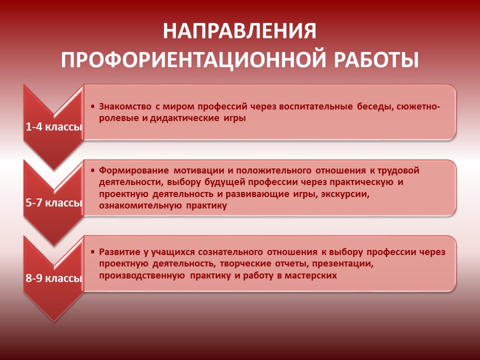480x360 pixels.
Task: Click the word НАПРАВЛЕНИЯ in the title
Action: [239, 31]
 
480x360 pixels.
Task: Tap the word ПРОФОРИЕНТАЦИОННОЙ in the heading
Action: [194, 59]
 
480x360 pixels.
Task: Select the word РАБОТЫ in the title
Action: [376, 59]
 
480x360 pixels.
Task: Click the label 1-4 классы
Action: [54, 126]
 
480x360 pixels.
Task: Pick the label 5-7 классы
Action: [54, 202]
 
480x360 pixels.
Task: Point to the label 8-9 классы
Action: [54, 278]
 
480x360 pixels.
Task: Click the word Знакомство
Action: [125, 106]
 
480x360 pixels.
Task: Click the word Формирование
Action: [134, 171]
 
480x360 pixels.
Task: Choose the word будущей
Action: [224, 182]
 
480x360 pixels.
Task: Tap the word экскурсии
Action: [345, 194]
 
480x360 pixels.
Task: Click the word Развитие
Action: [119, 252]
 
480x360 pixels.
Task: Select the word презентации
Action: [342, 264]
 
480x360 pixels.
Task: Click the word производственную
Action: [142, 276]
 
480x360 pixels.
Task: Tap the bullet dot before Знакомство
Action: [93, 106]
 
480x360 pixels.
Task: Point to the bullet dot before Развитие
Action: [93, 252]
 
